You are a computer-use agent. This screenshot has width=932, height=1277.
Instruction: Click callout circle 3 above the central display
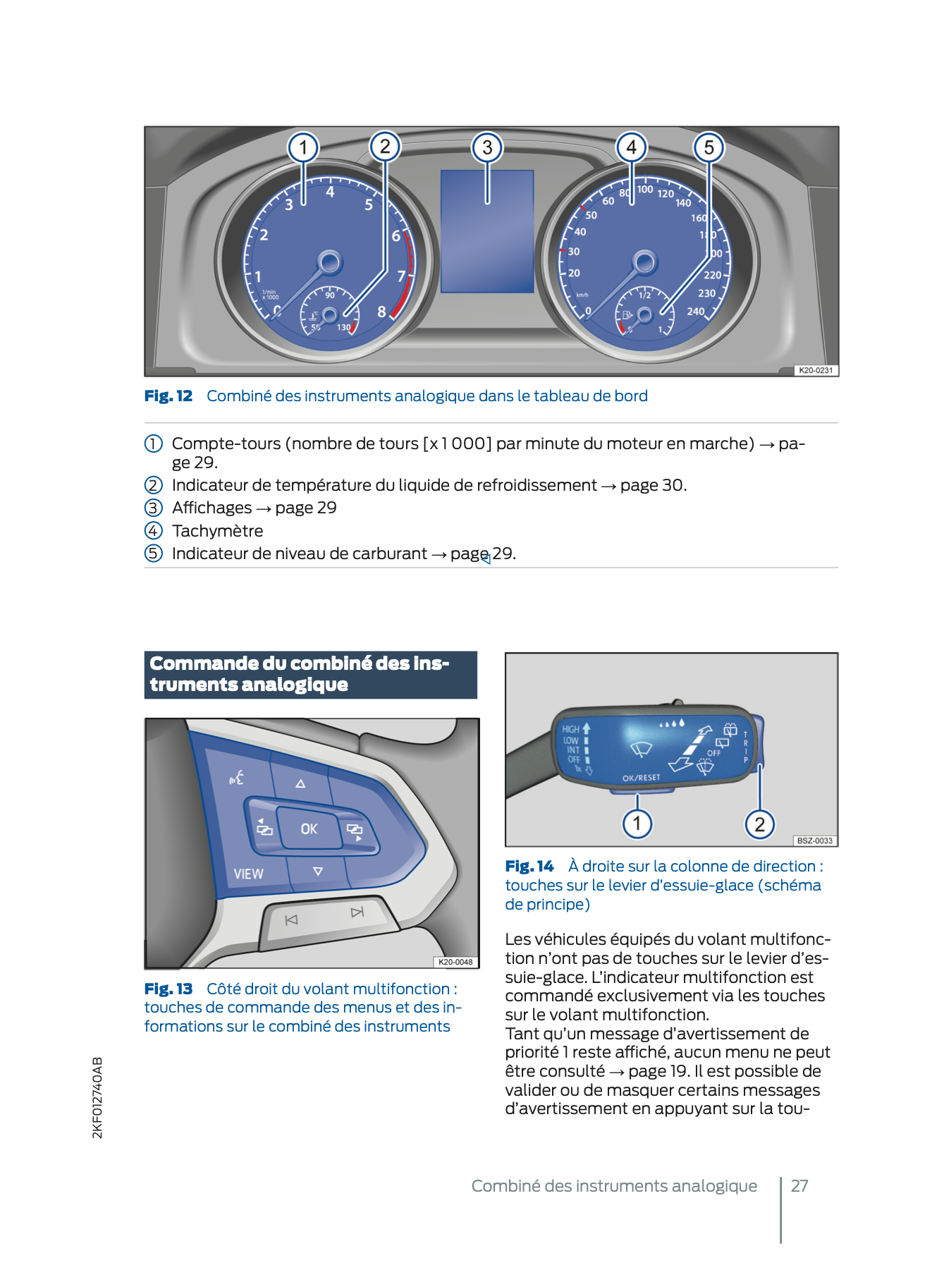(487, 147)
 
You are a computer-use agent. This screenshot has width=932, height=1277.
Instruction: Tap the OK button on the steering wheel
(309, 829)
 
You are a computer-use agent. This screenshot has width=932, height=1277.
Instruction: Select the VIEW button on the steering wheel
(248, 874)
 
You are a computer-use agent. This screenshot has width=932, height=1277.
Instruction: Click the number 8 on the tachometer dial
(381, 311)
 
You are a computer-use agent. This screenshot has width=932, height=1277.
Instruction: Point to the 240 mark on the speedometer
(696, 311)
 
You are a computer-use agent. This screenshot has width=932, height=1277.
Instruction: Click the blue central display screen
(486, 231)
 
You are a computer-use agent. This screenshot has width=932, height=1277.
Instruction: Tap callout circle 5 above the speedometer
(709, 147)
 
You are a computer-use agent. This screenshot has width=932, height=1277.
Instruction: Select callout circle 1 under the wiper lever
(637, 823)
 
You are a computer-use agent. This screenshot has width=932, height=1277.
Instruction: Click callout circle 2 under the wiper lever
(759, 824)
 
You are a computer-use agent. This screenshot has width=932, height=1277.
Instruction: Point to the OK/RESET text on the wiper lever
(641, 778)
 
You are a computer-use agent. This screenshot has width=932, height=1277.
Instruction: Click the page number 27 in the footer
(799, 1185)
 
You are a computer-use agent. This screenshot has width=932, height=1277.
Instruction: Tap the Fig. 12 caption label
(168, 396)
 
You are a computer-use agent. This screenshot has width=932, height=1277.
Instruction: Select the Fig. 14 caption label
(529, 866)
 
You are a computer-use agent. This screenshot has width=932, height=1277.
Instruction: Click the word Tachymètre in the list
(217, 531)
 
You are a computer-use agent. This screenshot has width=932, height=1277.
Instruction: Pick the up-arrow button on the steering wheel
(300, 783)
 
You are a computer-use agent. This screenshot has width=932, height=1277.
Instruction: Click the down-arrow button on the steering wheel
(318, 872)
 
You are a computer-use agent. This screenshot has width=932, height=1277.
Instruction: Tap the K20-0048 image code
(455, 962)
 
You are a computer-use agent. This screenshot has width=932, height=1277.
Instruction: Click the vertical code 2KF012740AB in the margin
(97, 1097)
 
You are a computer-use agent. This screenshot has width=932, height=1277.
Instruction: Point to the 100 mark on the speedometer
(645, 189)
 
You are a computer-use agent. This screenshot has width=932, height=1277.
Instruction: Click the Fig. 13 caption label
(168, 989)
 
